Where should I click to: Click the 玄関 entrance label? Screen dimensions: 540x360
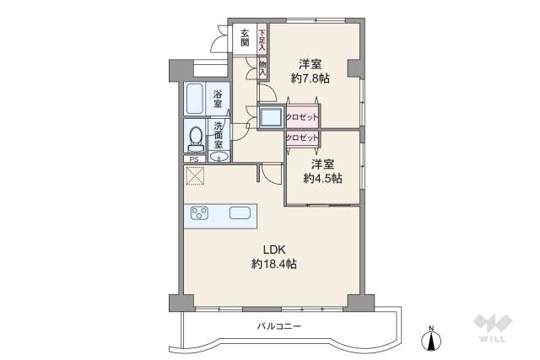245,38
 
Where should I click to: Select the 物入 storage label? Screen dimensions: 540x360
262,68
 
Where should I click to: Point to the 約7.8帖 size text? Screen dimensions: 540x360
310,78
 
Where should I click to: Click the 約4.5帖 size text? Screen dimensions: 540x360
322,178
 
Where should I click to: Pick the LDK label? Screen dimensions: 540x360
274,250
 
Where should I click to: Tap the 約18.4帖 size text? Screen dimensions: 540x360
274,264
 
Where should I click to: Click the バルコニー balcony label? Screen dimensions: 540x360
279,326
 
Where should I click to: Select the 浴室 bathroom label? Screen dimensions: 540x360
218,99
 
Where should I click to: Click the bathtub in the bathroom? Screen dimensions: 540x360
194,99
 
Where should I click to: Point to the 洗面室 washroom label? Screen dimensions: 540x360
219,135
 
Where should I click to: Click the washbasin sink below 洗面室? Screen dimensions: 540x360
219,157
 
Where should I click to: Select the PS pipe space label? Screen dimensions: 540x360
194,159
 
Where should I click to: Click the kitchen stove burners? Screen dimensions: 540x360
199,213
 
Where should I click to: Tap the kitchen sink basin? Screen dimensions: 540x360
240,212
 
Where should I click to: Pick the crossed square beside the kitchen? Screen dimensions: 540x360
195,176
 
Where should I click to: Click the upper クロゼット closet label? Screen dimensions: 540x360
302,116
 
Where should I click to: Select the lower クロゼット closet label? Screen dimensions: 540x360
302,137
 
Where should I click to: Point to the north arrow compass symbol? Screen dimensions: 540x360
431,339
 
